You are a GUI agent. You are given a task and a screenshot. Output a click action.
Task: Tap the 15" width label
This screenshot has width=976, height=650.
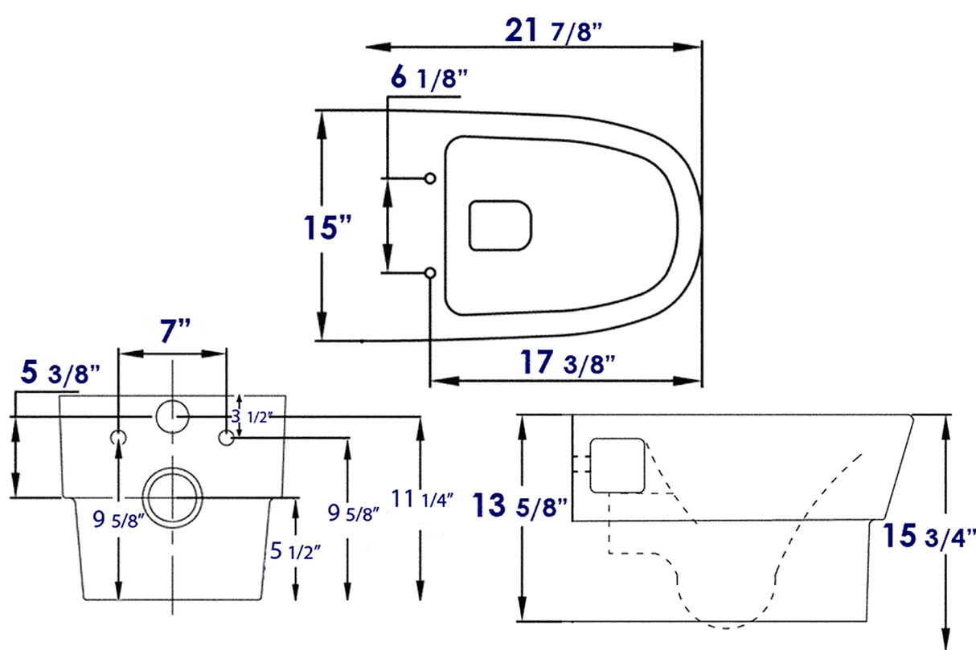(330, 227)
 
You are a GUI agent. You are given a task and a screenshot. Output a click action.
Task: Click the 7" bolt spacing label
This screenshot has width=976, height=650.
(173, 331)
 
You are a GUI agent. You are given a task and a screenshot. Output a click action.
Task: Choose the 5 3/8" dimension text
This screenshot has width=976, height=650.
(60, 374)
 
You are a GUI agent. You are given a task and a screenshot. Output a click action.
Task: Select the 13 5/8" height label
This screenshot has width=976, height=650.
(520, 506)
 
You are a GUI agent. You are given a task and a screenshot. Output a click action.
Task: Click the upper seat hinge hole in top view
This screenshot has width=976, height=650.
(430, 177)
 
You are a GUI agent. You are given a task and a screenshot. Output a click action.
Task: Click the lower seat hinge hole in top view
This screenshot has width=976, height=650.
(430, 274)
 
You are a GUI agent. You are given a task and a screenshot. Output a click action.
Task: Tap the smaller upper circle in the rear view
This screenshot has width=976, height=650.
(171, 416)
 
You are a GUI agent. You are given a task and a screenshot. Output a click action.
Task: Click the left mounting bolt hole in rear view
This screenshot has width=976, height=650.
(118, 437)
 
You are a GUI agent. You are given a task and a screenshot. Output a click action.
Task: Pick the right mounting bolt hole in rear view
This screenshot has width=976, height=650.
(227, 437)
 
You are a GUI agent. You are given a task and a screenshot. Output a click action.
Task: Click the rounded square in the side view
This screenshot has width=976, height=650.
(617, 465)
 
